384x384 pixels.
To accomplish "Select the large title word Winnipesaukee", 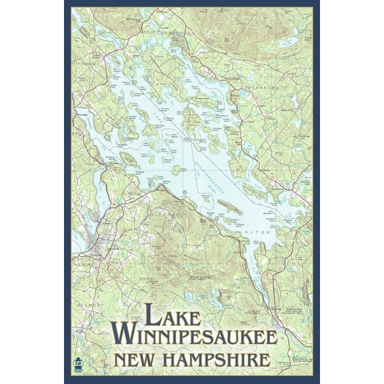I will pyautogui.click(x=193, y=335).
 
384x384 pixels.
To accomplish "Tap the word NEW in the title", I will pyautogui.click(x=139, y=360).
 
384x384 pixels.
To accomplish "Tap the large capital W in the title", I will pyautogui.click(x=124, y=334).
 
